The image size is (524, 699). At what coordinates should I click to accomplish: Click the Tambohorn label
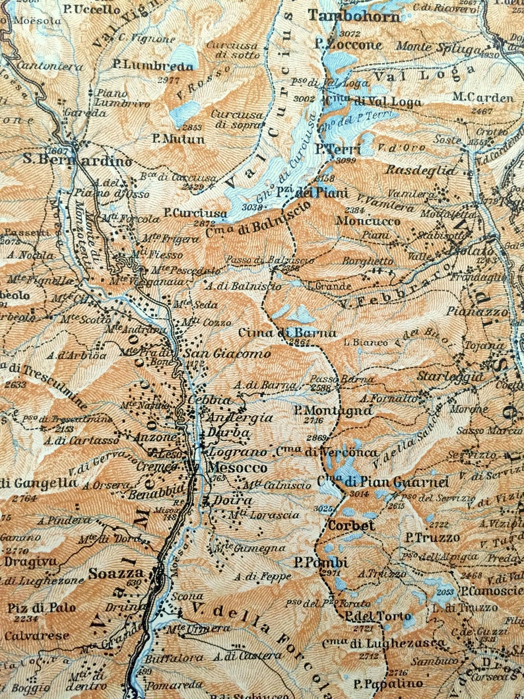[354, 17]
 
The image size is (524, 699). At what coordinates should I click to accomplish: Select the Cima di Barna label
[287, 333]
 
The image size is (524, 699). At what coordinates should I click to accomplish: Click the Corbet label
[351, 526]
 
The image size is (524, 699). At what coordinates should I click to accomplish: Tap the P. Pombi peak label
[321, 562]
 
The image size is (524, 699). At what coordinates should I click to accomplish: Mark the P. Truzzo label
[432, 537]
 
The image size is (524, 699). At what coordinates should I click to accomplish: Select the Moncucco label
[368, 220]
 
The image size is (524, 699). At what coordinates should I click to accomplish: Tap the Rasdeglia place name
[421, 170]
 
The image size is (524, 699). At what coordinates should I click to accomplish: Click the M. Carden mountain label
[482, 98]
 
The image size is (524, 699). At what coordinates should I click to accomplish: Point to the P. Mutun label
[178, 139]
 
